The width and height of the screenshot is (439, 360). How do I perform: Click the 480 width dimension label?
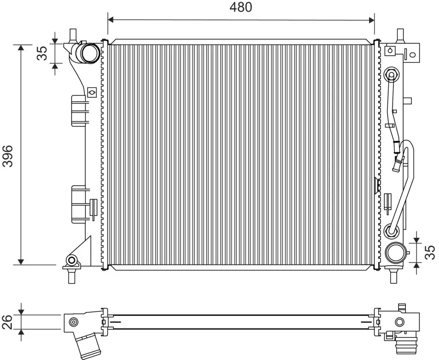point(241,7)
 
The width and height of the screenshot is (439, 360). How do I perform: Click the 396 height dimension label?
point(8,156)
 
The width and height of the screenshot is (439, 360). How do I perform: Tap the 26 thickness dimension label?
point(7,322)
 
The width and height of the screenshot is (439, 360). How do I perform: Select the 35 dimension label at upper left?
point(42,53)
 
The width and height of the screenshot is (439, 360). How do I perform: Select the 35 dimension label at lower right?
point(430,252)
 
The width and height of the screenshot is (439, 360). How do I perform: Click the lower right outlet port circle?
point(395,252)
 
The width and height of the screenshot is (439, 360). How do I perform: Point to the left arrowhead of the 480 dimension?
point(110,20)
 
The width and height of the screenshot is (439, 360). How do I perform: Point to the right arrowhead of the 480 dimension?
point(372,20)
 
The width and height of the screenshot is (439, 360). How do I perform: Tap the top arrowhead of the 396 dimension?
point(21,48)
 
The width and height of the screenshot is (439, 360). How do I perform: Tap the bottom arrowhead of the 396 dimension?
point(21,262)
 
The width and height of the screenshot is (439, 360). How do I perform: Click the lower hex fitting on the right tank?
point(391,230)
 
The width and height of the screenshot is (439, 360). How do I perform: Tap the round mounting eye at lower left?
point(72,260)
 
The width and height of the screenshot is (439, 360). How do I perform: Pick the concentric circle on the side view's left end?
point(74,322)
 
